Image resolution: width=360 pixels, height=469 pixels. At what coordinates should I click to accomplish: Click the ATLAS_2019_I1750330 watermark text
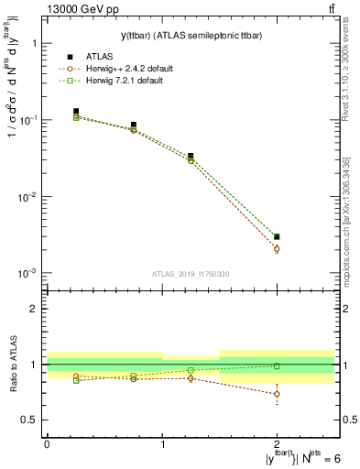click(190, 273)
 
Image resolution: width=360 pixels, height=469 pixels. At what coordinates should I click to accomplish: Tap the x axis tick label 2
click(278, 442)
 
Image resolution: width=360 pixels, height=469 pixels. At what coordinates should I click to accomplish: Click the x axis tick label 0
click(47, 442)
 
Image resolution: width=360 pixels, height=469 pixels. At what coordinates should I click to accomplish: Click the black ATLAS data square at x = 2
click(278, 237)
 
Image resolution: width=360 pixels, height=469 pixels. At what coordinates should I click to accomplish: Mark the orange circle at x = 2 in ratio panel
click(278, 394)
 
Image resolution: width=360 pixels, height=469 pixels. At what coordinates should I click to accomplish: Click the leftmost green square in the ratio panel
click(76, 380)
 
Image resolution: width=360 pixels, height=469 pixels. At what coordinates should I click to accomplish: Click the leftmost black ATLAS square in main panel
click(76, 112)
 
